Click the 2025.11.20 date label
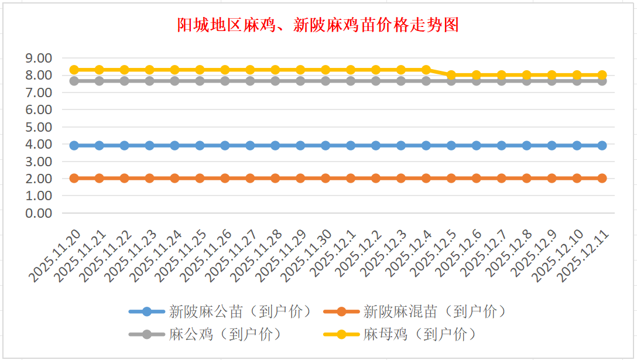click(x=57, y=256)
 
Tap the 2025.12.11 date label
click(x=585, y=256)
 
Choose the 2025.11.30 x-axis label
click(x=309, y=256)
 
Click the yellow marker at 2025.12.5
click(x=451, y=75)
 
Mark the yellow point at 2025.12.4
click(x=426, y=70)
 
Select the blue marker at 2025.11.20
click(x=74, y=145)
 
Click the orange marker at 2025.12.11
click(x=602, y=178)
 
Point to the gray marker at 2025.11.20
click(x=74, y=81)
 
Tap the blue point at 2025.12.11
click(x=602, y=145)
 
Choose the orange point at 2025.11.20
click(x=74, y=178)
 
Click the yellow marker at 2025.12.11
click(x=602, y=75)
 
